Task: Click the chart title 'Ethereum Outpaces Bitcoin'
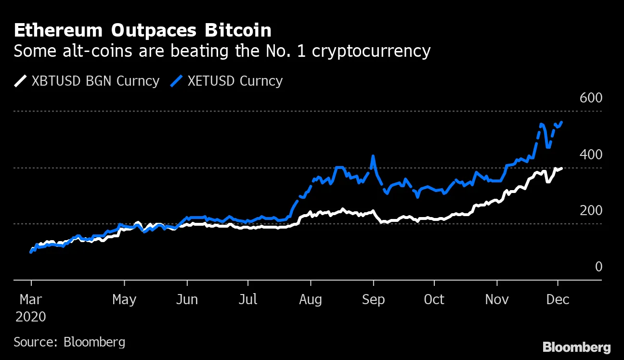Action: pyautogui.click(x=142, y=30)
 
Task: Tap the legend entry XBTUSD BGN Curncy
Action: pyautogui.click(x=95, y=81)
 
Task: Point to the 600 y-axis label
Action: pyautogui.click(x=591, y=98)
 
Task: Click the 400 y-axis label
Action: pyautogui.click(x=591, y=154)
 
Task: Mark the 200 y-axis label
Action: pyautogui.click(x=591, y=211)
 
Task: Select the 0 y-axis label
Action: pyautogui.click(x=598, y=267)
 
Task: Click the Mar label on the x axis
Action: pyautogui.click(x=31, y=299)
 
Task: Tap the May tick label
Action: pyautogui.click(x=124, y=299)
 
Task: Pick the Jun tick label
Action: pyautogui.click(x=187, y=299)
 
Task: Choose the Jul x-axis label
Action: pyautogui.click(x=248, y=299)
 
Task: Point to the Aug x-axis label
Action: pyautogui.click(x=311, y=299)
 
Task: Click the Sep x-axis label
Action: pyautogui.click(x=373, y=299)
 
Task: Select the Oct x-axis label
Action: pyautogui.click(x=434, y=299)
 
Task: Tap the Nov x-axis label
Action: pyautogui.click(x=497, y=299)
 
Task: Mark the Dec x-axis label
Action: pyautogui.click(x=558, y=299)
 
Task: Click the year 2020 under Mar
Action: pyautogui.click(x=31, y=317)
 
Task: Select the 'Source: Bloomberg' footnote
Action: pyautogui.click(x=69, y=342)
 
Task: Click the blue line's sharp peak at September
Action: pyautogui.click(x=373, y=156)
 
